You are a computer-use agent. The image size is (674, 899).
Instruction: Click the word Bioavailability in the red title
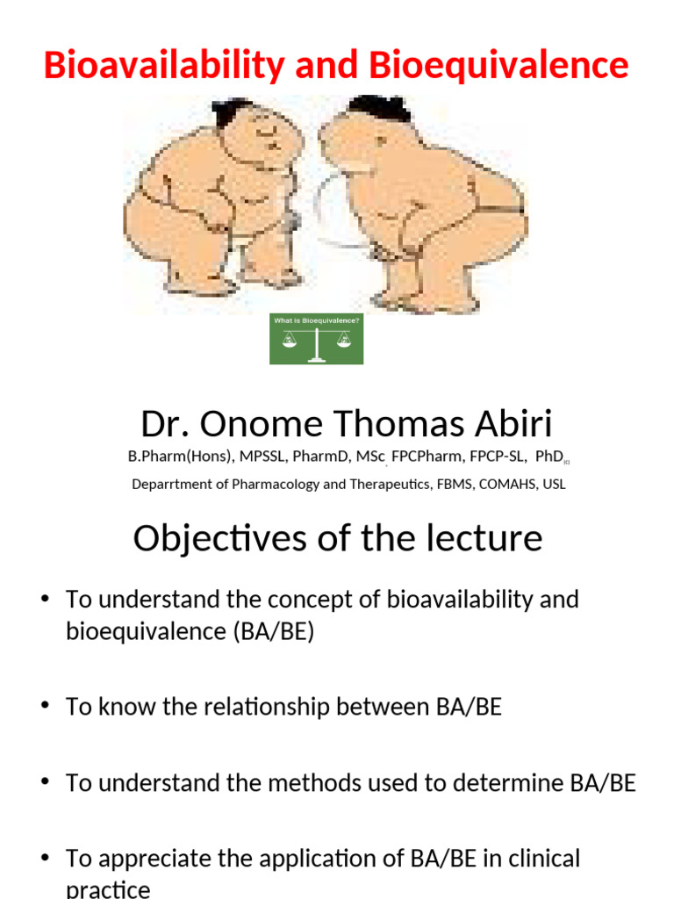(163, 66)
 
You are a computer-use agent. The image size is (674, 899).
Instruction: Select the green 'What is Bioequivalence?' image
(316, 340)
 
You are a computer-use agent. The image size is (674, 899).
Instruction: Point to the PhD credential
(546, 457)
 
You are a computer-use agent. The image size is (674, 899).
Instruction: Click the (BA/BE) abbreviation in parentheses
(273, 632)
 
